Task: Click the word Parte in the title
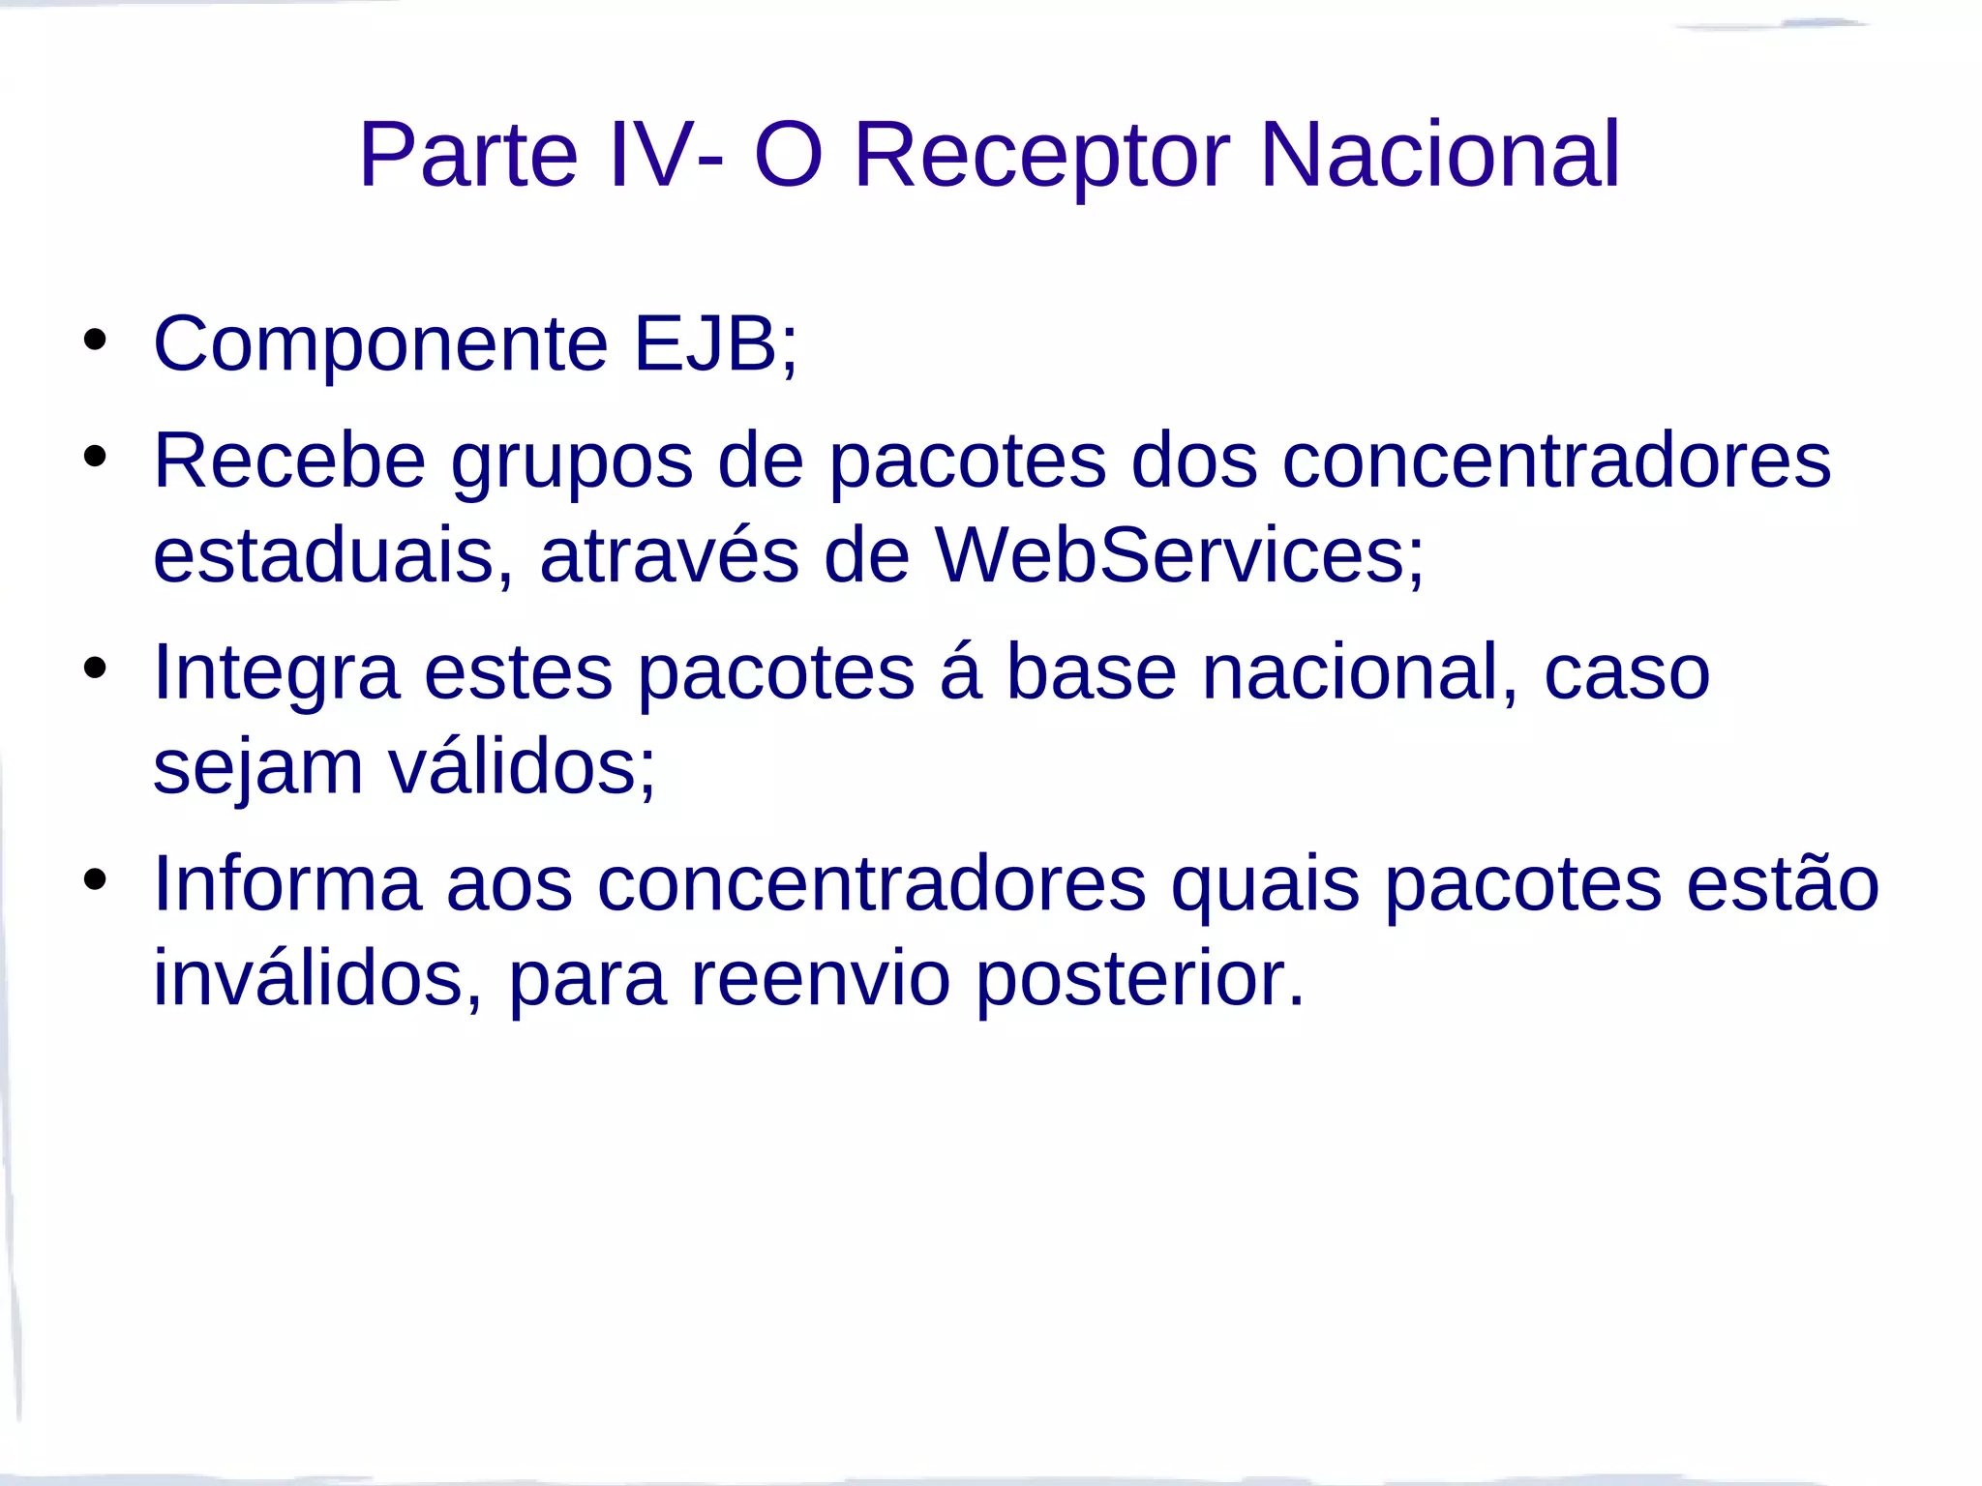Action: (468, 155)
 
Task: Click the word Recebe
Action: (289, 461)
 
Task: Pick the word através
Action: (670, 556)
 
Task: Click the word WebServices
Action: (1179, 556)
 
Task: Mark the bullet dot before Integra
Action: (95, 668)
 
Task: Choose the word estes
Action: (518, 672)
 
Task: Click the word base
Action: (1092, 672)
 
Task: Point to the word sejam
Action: (257, 768)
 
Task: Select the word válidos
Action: (522, 766)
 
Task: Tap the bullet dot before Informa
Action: (95, 879)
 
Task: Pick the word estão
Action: (1783, 882)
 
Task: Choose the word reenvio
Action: (820, 979)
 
